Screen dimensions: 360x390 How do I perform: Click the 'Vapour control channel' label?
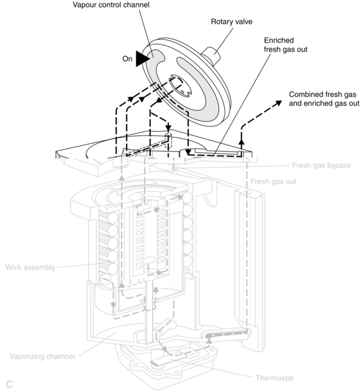tap(111, 5)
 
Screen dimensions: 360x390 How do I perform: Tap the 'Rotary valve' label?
tap(231, 22)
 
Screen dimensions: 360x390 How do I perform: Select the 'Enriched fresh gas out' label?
tap(286, 45)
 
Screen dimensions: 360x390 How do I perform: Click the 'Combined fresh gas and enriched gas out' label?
tap(324, 99)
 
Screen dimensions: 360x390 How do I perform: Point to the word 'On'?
tap(127, 59)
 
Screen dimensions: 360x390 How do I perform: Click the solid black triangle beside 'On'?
tap(142, 59)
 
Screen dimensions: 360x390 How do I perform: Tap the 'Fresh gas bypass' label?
tap(321, 165)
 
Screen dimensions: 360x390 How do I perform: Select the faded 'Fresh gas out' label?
tap(273, 182)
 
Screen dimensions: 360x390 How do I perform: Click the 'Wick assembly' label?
tap(30, 267)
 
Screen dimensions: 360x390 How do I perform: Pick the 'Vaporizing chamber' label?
tap(42, 357)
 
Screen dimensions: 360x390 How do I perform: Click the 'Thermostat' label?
tap(274, 378)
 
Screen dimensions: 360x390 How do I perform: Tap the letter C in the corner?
tap(9, 384)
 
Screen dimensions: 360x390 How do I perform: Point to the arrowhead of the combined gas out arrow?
tap(279, 102)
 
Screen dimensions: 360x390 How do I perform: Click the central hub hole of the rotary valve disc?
tap(179, 86)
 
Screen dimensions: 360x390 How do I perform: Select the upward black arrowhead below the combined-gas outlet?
tap(241, 142)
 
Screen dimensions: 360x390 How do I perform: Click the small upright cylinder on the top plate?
tap(169, 140)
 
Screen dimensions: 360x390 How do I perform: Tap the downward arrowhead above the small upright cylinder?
tap(169, 128)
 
